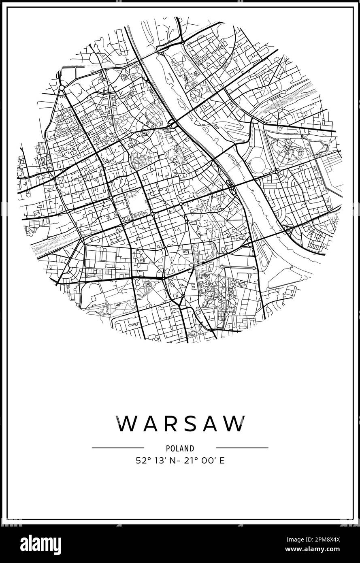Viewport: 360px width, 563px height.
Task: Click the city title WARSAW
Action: click(181, 424)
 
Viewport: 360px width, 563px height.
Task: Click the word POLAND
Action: click(180, 448)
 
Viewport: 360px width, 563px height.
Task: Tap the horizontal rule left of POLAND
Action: click(118, 448)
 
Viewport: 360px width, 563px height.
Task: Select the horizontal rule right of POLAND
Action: click(242, 448)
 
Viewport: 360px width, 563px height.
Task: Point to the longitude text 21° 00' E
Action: click(205, 461)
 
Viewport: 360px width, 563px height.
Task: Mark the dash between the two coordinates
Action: click(180, 461)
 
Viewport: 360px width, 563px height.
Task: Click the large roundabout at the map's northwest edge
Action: click(62, 87)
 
